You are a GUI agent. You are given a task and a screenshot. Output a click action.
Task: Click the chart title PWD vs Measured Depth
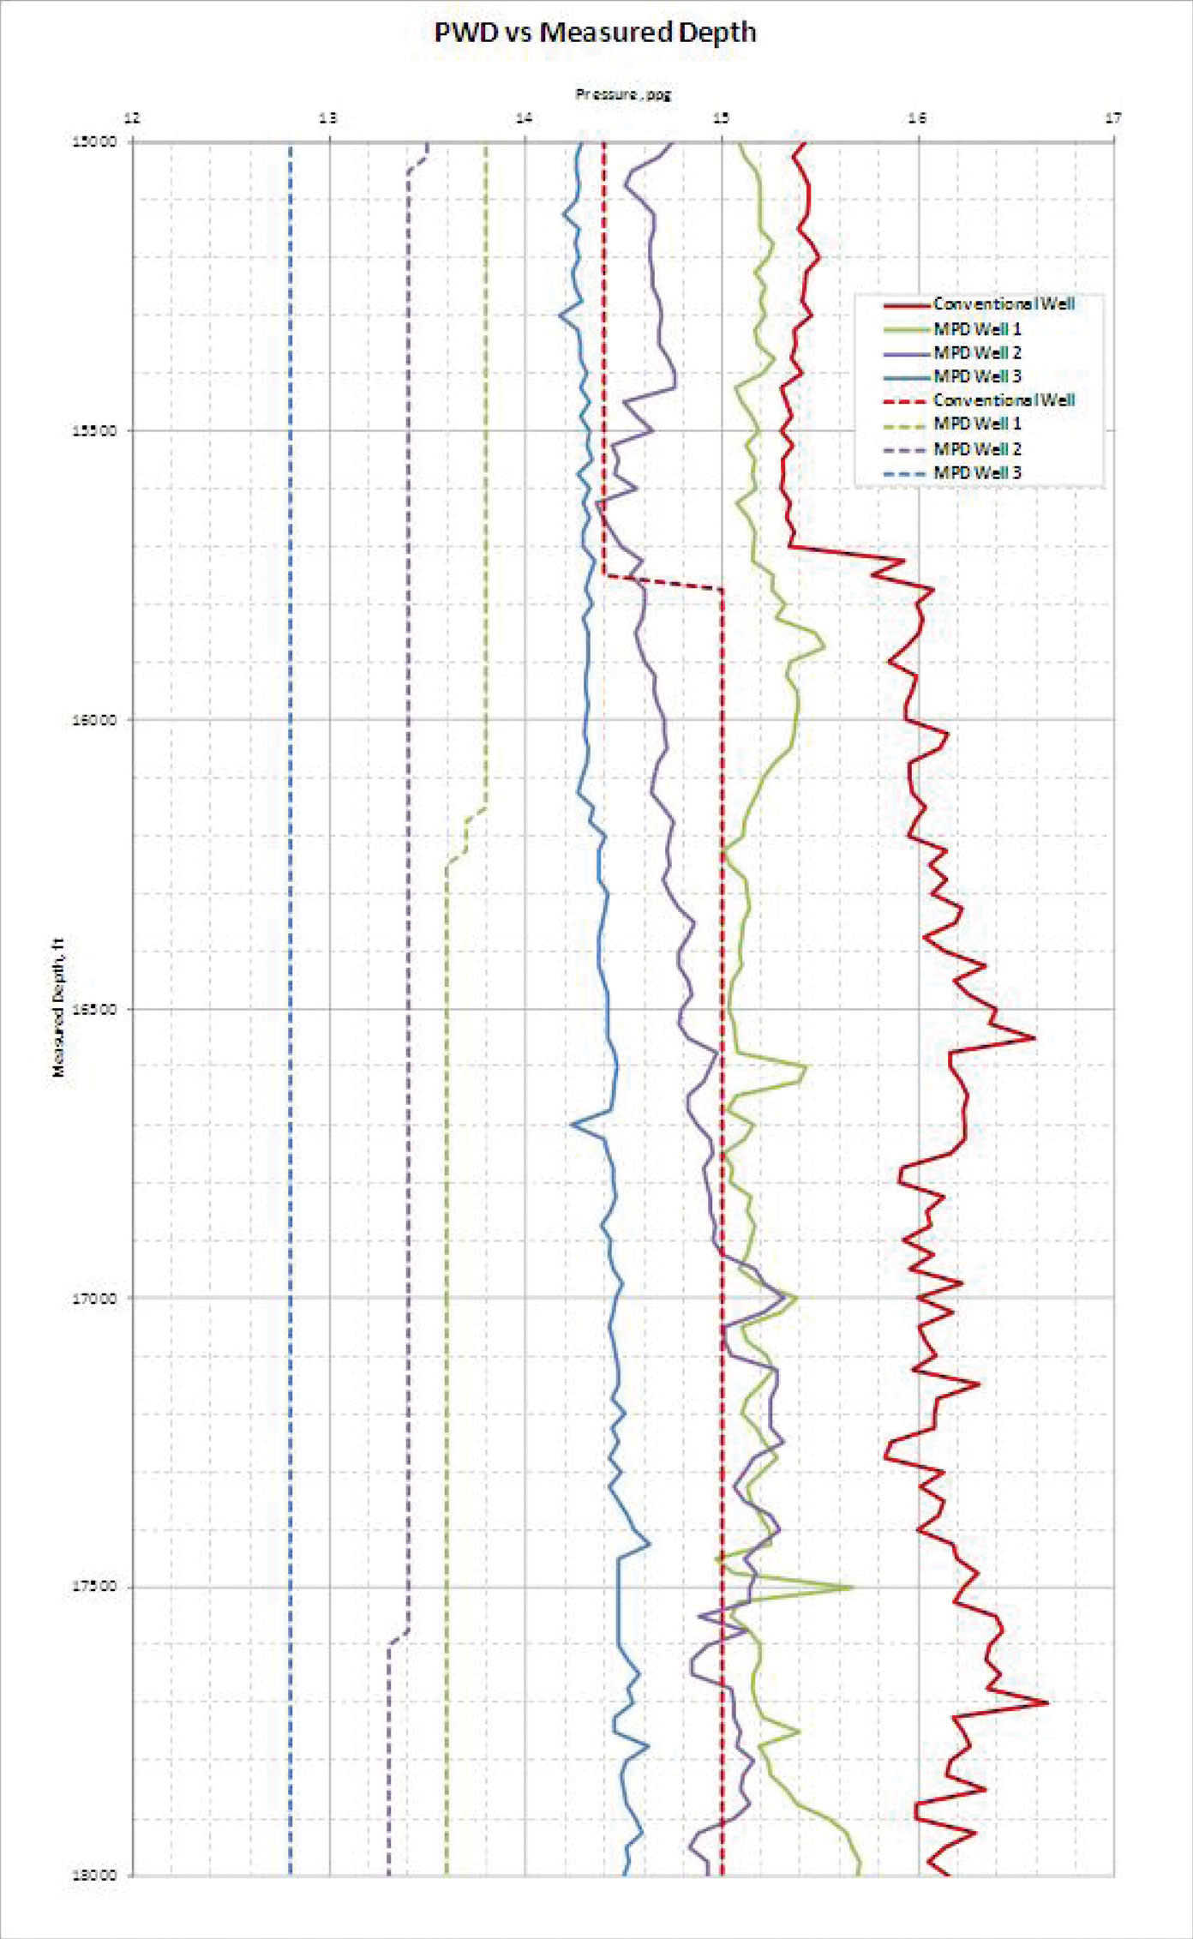(x=595, y=33)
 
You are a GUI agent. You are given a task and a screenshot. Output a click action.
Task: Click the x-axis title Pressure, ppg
(x=622, y=94)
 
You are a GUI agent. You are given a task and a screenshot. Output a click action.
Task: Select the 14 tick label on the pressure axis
(x=525, y=118)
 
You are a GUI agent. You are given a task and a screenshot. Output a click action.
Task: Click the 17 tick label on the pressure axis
(x=1112, y=118)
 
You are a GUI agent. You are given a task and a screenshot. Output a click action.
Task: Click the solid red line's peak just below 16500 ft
(x=1033, y=1038)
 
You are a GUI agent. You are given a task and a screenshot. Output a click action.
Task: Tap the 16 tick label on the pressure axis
(x=917, y=118)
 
